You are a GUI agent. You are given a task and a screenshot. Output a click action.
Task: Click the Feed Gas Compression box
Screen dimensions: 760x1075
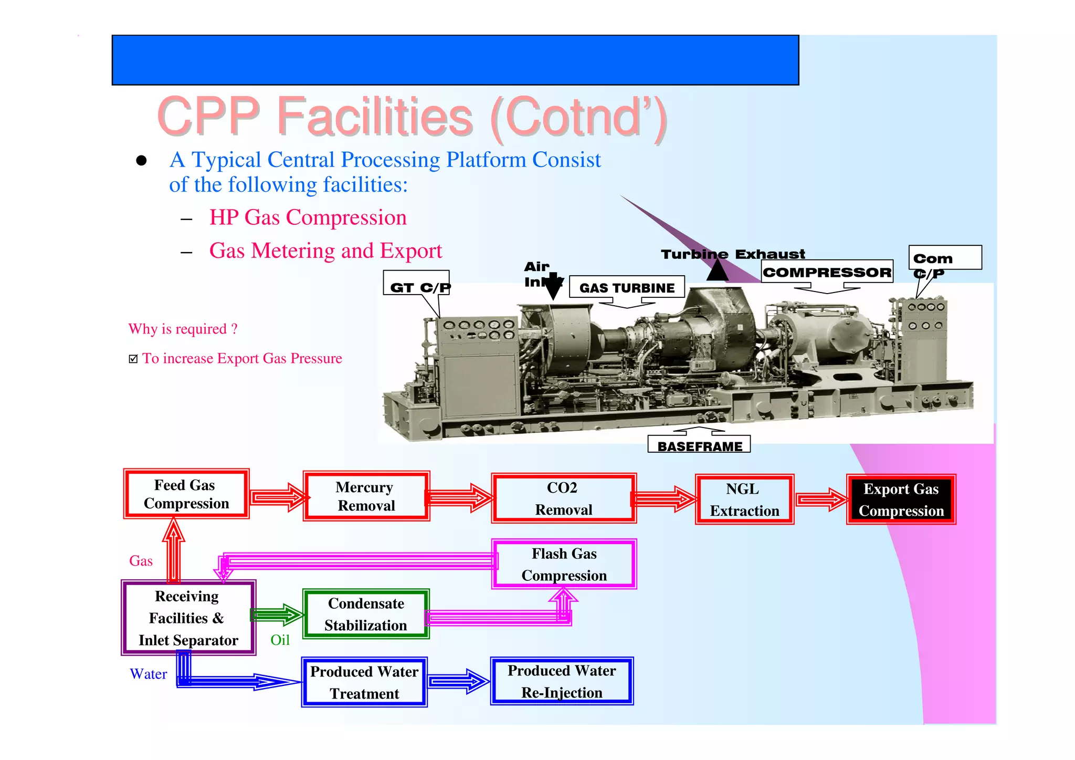(186, 494)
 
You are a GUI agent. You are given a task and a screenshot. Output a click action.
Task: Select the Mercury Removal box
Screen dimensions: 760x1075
(366, 496)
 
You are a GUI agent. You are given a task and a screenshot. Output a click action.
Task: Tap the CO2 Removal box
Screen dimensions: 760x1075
(564, 498)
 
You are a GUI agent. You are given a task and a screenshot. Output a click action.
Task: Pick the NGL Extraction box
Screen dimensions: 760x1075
(744, 499)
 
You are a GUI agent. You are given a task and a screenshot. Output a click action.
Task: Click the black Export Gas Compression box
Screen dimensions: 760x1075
(901, 499)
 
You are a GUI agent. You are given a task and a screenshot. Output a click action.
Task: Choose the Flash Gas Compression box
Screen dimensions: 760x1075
(564, 564)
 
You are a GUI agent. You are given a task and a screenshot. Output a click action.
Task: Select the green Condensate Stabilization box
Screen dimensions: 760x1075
(366, 614)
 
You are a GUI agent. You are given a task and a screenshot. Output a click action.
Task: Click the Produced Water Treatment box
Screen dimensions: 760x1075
(364, 682)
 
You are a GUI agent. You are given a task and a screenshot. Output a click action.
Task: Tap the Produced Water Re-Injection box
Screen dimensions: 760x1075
(562, 681)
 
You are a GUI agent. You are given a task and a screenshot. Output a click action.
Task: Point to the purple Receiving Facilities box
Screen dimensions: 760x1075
(188, 618)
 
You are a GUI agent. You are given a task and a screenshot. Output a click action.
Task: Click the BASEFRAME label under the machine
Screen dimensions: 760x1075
(699, 446)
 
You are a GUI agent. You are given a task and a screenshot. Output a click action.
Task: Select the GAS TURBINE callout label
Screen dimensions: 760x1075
(627, 288)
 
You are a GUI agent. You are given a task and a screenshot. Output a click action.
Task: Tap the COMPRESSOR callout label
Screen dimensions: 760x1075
(827, 272)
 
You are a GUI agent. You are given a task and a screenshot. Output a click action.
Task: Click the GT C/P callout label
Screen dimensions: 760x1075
(418, 287)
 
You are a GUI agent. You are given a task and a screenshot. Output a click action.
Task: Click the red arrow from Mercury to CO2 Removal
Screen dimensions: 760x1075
(458, 497)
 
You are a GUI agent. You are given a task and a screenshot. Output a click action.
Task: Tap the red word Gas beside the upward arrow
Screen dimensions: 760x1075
(141, 561)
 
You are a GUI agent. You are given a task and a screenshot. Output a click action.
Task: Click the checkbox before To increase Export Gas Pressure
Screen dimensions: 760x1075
(133, 359)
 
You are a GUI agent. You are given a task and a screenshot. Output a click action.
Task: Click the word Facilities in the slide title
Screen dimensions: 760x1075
(375, 117)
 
